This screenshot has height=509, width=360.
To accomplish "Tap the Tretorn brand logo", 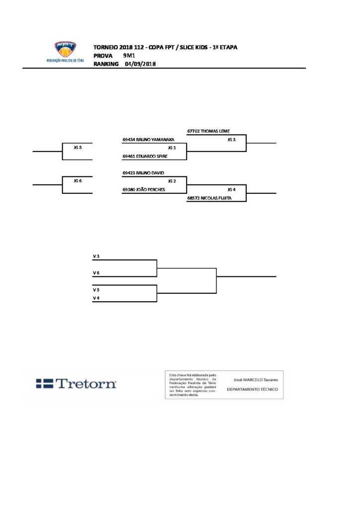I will pos(76,383).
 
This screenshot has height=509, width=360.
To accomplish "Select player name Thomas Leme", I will pos(209,131).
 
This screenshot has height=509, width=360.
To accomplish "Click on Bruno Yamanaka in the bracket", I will pos(149,140).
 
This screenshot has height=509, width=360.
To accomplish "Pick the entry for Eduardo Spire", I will pos(145,156).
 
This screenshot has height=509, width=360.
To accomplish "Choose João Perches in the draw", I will pos(144,189).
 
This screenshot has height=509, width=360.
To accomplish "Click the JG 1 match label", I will pos(172,148).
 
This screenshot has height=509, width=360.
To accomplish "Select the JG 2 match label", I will pos(172,181).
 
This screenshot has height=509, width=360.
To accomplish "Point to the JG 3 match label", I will pos(231,140).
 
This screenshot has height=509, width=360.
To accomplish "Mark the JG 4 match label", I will pos(231,189).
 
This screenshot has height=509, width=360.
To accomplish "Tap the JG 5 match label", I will pos(77,148).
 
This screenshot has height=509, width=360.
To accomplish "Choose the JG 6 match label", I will pos(77,181).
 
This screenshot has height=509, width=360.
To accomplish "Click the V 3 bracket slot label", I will pos(96,256).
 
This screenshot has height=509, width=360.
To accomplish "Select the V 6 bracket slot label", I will pos(96,273).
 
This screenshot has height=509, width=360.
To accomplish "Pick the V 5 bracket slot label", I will pos(96,289).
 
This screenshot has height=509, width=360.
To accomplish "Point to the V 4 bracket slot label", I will pos(96,298).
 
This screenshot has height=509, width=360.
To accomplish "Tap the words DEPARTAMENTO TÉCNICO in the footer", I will pos(252,390).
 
